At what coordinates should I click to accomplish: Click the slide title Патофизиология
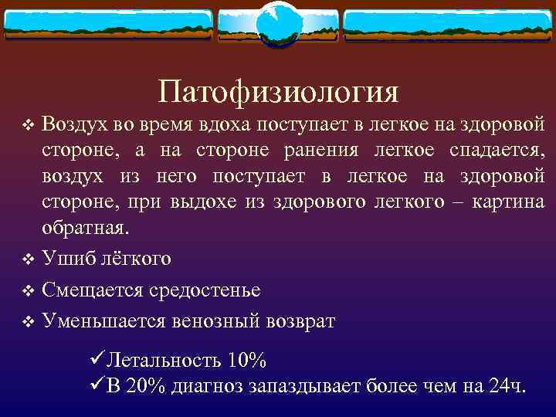point(278,92)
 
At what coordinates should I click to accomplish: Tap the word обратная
point(86,229)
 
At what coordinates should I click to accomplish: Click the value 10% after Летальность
point(247,360)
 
